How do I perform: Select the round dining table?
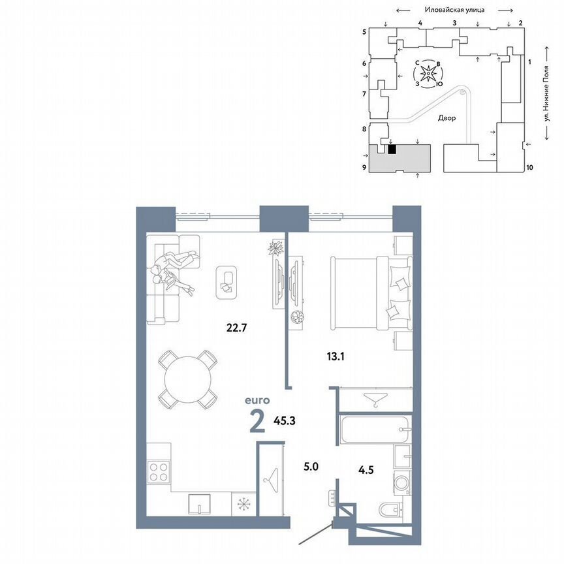(188, 380)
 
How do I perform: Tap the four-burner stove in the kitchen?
(159, 471)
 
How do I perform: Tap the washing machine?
(399, 484)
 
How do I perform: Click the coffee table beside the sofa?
(227, 282)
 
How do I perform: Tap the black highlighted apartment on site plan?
(392, 149)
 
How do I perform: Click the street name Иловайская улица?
(453, 10)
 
